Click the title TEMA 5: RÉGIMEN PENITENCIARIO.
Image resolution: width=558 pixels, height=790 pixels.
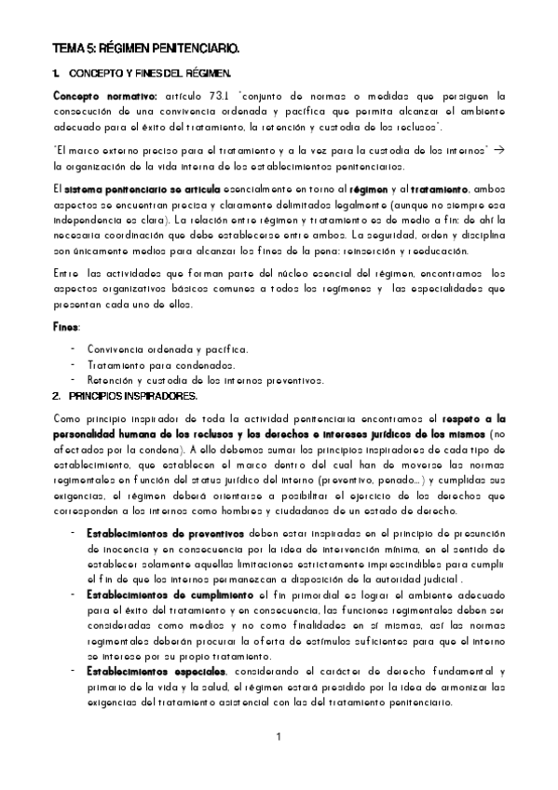coord(145,45)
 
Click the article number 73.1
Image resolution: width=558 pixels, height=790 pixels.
coord(221,96)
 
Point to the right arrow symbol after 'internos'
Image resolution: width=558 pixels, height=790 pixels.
coord(498,150)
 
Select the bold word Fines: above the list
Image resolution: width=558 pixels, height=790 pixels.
coord(65,327)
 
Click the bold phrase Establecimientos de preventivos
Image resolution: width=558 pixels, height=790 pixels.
coord(153,533)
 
